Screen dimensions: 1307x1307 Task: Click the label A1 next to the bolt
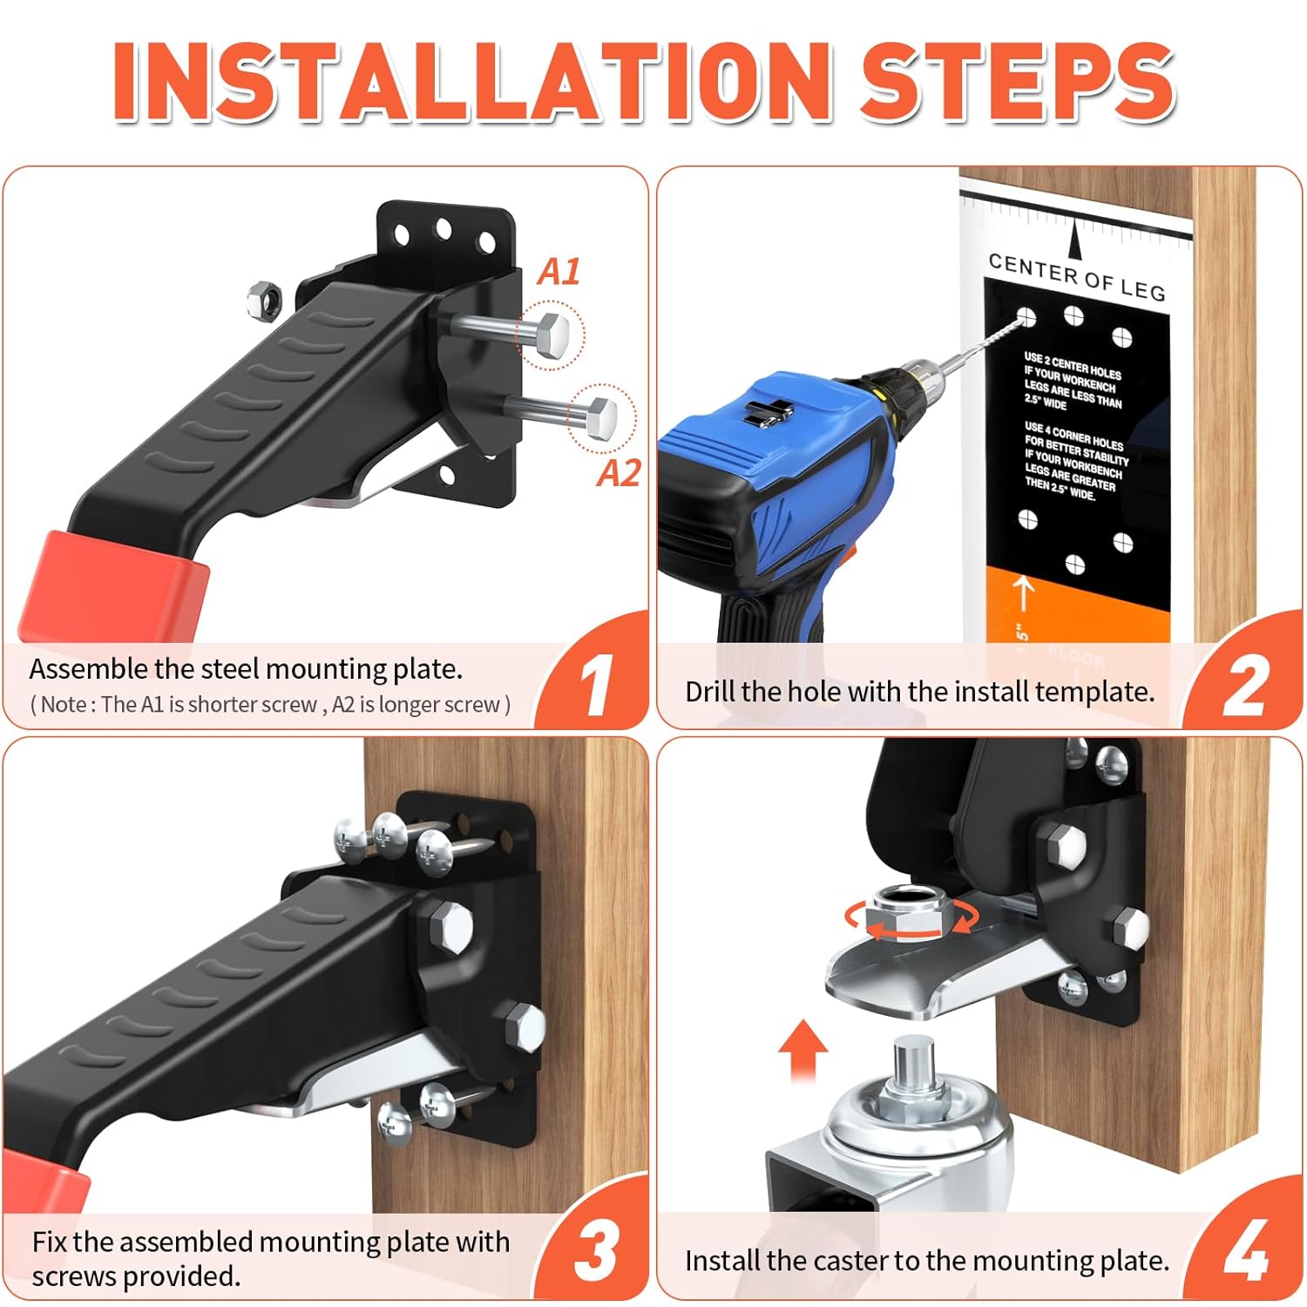click(x=559, y=272)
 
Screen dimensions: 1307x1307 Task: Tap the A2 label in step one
click(x=619, y=474)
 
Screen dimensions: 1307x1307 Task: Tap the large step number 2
click(x=1245, y=687)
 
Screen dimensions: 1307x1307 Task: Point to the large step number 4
click(x=1246, y=1251)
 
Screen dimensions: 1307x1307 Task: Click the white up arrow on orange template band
click(x=1025, y=594)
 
